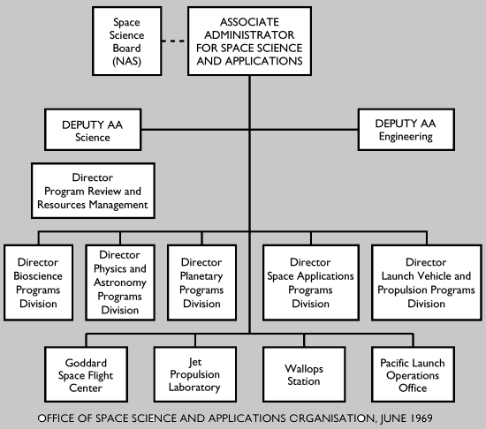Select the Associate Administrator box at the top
tap(250, 41)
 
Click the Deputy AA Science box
tap(93, 130)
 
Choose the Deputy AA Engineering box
tap(409, 130)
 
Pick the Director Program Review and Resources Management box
tap(92, 192)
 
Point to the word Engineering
tap(409, 137)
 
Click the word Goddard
tap(87, 362)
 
